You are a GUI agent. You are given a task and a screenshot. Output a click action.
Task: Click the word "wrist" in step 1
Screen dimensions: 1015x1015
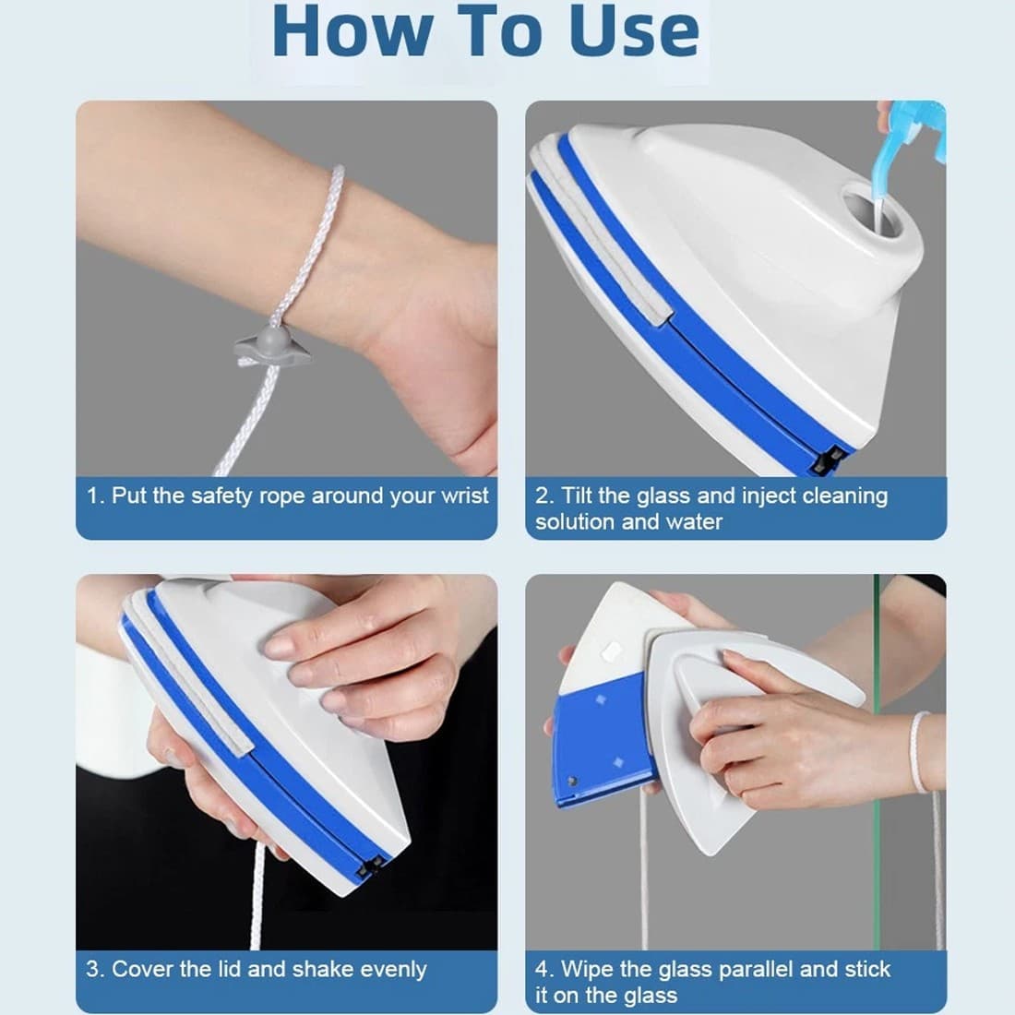click(464, 496)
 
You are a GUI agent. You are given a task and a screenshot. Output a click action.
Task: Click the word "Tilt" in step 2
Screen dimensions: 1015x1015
click(576, 496)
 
